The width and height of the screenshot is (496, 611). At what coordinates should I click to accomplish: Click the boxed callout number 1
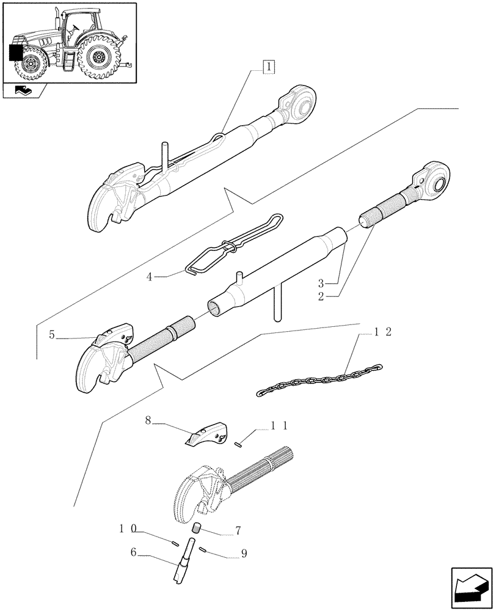269,67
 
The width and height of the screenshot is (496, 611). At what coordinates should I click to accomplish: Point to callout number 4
149,276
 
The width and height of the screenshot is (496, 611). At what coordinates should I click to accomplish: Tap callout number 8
148,420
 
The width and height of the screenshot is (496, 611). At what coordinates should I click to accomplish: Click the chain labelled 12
318,379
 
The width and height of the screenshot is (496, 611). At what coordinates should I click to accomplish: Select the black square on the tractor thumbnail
16,53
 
